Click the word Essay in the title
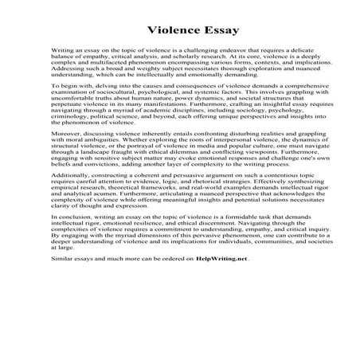(209, 26)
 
